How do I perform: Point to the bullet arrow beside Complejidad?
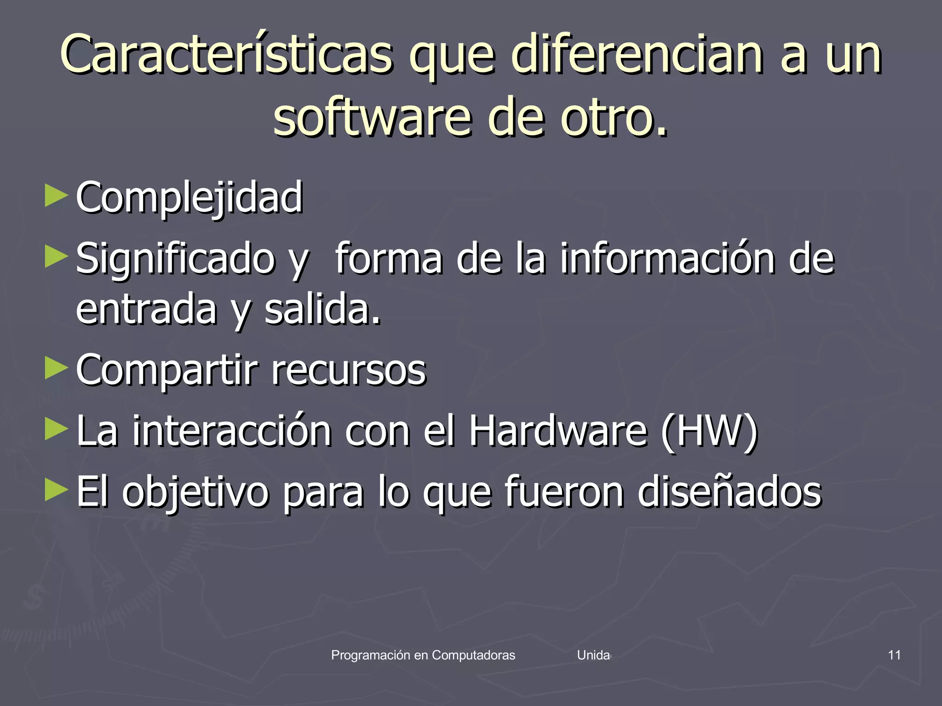(57, 196)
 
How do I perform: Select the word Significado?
(175, 259)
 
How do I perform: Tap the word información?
(667, 259)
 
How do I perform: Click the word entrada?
(146, 310)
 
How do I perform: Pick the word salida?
(322, 310)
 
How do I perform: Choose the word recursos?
(349, 370)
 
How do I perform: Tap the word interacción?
(232, 431)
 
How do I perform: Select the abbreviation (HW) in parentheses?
(709, 431)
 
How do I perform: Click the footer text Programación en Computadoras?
(423, 655)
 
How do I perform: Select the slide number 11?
(894, 655)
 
